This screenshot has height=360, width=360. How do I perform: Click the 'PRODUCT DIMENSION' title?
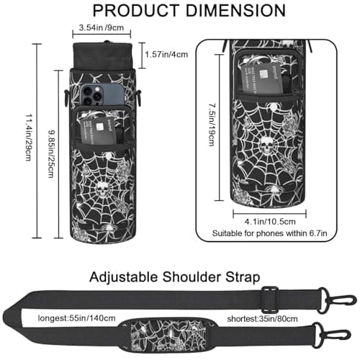[x=189, y=11]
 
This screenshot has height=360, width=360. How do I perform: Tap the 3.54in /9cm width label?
[x=102, y=27]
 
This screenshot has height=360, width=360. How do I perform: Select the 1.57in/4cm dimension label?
[x=166, y=55]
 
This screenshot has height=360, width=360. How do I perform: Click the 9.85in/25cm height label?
[x=50, y=154]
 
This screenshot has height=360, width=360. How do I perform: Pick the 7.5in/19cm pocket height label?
[x=211, y=125]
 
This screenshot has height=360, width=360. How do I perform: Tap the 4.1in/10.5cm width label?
[x=270, y=222]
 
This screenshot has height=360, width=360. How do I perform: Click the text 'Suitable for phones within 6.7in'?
[x=269, y=233]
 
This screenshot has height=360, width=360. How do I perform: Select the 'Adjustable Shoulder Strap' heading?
[x=175, y=277]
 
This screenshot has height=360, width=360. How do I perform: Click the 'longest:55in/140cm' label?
[x=76, y=318]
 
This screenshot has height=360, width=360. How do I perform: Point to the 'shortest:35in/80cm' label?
[x=262, y=319]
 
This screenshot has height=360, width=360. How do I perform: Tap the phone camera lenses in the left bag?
[x=91, y=95]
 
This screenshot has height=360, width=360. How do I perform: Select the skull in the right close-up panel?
[x=266, y=145]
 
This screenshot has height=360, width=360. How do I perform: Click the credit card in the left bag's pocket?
[x=99, y=131]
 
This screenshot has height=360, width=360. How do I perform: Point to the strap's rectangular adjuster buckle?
[x=271, y=300]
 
